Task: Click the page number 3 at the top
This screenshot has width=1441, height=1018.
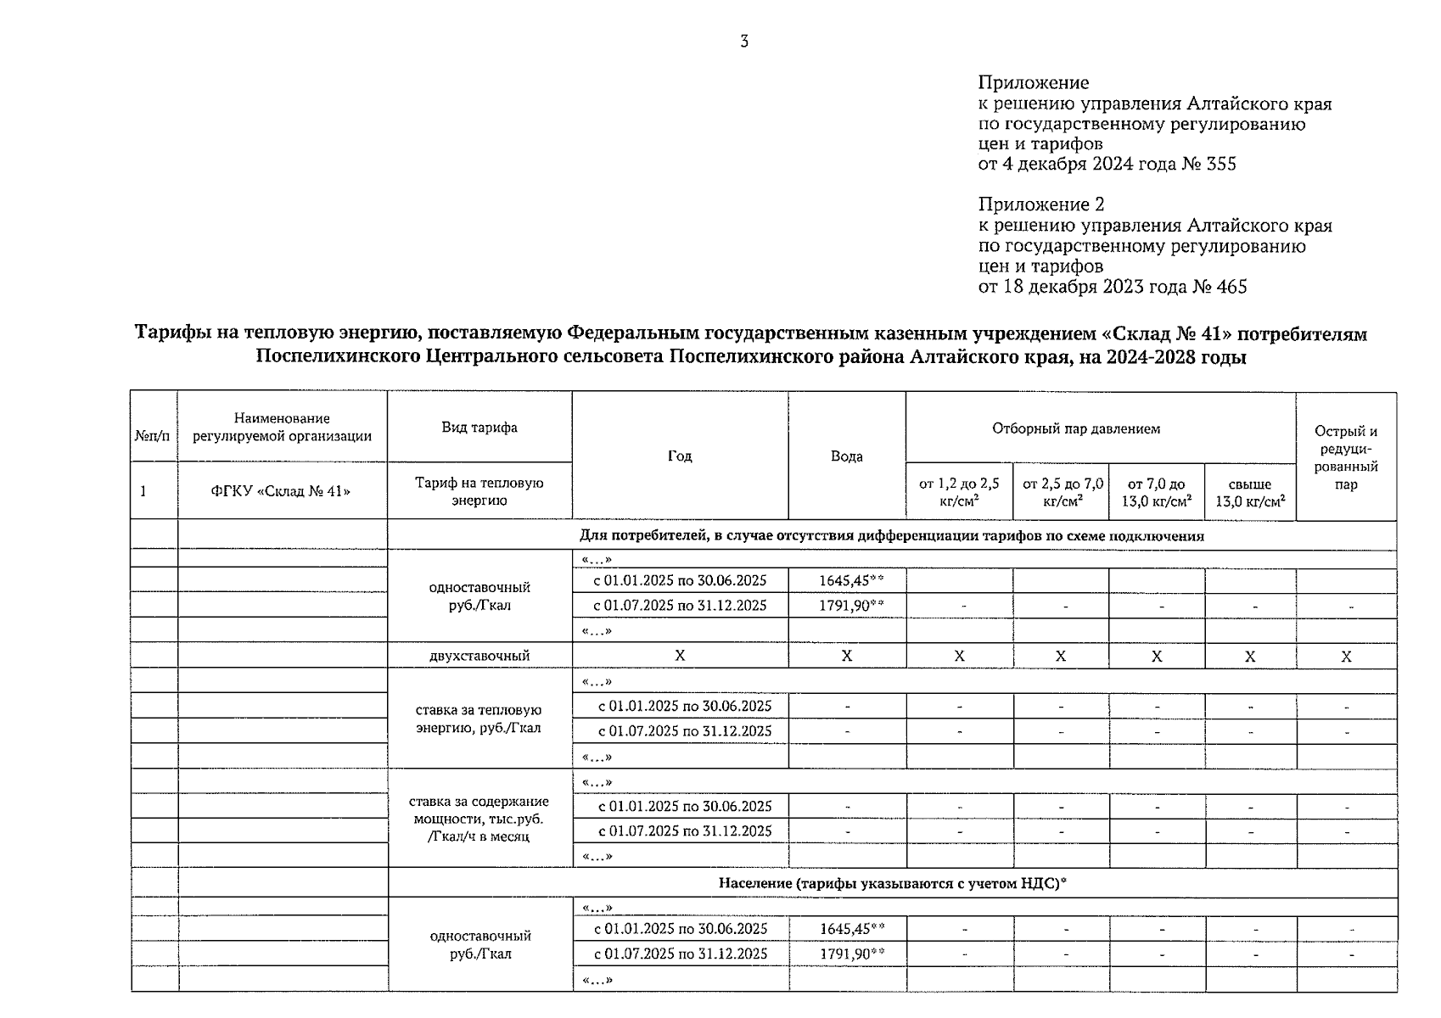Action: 744,42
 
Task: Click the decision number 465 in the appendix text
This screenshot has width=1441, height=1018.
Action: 1231,287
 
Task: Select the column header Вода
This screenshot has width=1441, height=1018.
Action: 846,456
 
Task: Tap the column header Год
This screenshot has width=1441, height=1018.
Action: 680,456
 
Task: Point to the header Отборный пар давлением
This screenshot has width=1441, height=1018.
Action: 1075,428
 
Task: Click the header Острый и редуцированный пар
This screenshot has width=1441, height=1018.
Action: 1346,457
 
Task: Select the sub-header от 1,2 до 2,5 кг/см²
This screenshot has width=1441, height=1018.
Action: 959,492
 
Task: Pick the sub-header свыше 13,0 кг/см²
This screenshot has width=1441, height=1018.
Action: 1250,492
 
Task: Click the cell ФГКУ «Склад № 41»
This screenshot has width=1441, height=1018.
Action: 282,490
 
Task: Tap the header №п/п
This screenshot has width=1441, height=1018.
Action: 153,436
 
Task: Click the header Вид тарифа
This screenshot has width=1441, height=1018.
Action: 479,428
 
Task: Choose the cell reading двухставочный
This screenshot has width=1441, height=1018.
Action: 479,656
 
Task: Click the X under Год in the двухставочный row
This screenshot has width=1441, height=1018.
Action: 680,656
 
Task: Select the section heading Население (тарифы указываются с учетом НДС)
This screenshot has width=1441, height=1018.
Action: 891,883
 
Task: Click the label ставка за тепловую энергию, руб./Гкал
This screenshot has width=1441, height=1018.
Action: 479,719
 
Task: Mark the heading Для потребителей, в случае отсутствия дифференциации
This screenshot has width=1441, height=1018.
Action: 891,536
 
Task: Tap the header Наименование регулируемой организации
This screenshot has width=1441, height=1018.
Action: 282,428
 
